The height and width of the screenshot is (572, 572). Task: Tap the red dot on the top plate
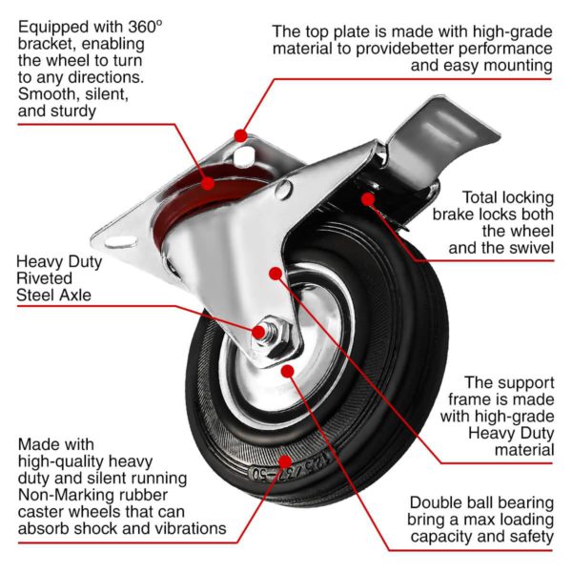point(241,136)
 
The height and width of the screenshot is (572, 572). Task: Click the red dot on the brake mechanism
point(367,199)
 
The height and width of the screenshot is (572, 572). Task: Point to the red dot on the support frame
point(275,274)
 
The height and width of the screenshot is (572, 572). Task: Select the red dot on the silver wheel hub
point(287,368)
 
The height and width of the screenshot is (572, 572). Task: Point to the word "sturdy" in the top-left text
point(75,112)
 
